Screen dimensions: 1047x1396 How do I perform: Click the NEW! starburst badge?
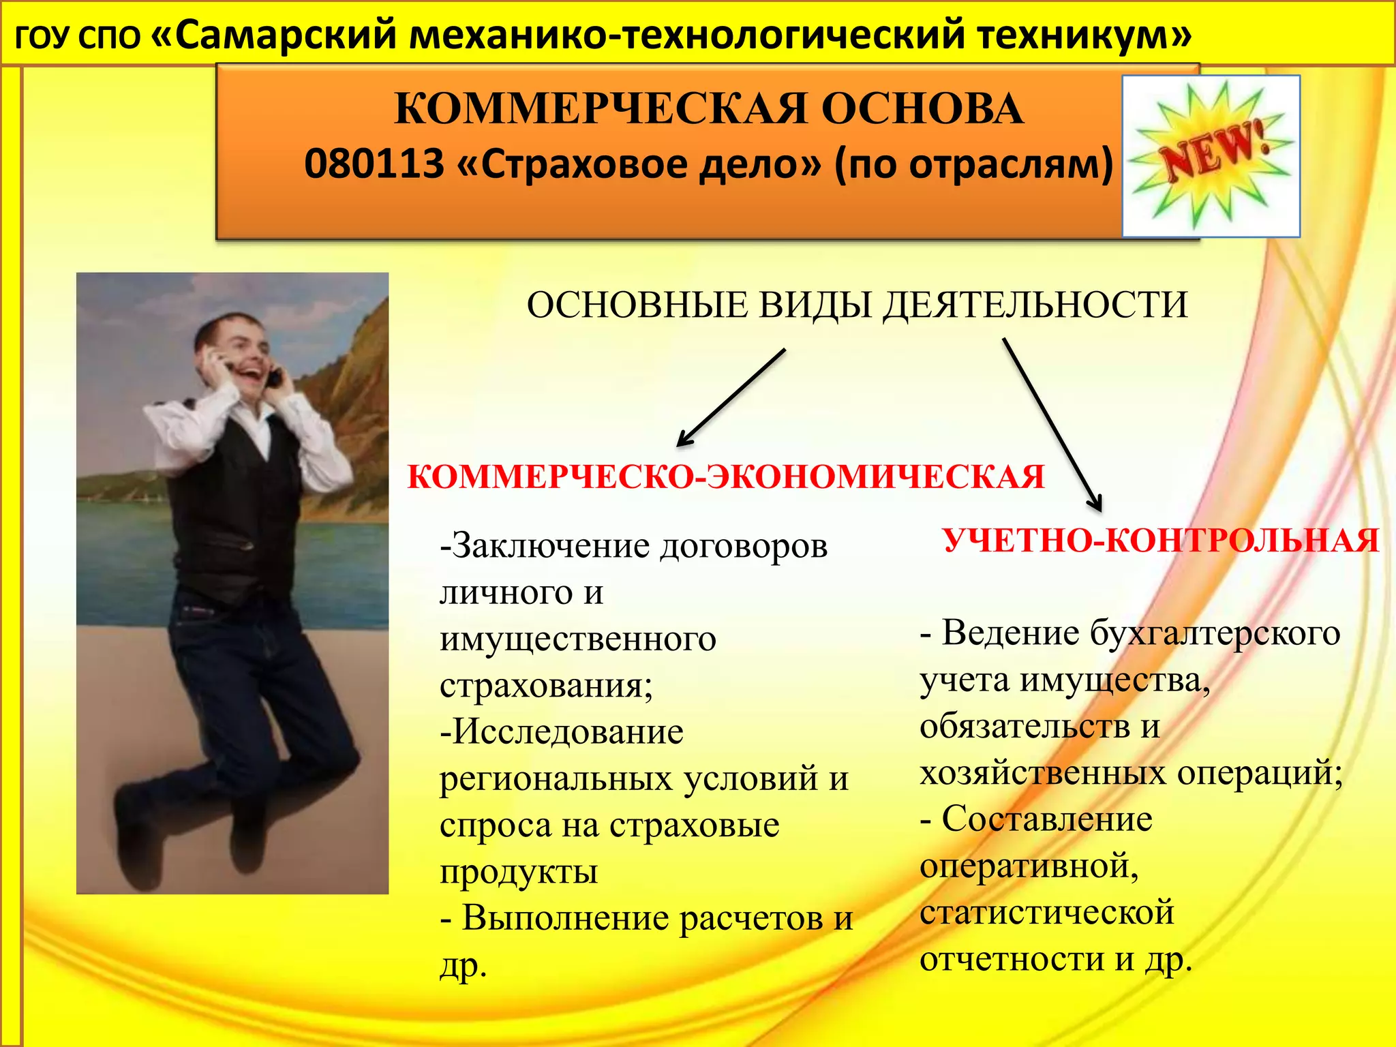[1211, 156]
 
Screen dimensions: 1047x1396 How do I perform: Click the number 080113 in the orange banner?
[374, 164]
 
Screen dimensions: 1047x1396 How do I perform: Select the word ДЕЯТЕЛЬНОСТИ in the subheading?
[1035, 305]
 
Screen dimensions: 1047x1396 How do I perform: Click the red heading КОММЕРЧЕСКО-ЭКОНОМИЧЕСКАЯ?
[725, 476]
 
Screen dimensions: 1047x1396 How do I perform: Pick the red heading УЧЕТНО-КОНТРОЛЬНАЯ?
[1161, 541]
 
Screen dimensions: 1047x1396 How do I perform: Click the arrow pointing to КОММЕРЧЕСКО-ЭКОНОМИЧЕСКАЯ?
[731, 398]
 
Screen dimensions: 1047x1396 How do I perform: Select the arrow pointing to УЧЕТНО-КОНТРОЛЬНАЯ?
[1051, 424]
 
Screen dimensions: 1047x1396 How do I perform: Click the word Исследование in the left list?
[562, 732]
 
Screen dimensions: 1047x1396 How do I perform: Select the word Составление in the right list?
[1046, 819]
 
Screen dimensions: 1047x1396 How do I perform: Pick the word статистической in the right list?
[1046, 913]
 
